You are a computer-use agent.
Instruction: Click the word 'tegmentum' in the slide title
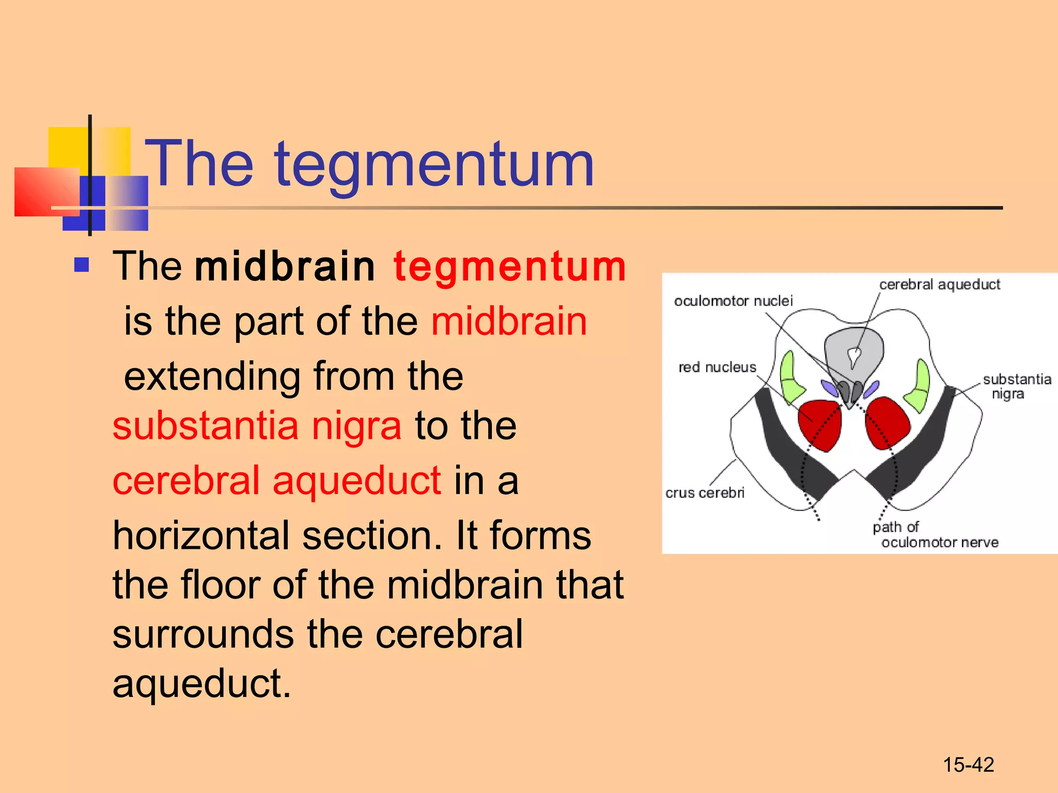(x=434, y=165)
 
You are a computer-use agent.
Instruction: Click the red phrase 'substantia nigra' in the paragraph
(x=257, y=426)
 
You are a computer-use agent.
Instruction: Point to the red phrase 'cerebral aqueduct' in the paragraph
(x=277, y=481)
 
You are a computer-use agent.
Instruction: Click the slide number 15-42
(x=968, y=765)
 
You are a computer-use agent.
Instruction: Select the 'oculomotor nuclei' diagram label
(x=733, y=301)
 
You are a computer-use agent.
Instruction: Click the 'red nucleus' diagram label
(x=717, y=367)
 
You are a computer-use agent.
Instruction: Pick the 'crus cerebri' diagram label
(x=705, y=493)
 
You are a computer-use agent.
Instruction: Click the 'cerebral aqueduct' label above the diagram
(x=940, y=284)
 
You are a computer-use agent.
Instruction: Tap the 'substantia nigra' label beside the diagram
(x=1016, y=386)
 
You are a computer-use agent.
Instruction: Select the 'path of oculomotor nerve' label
(x=935, y=535)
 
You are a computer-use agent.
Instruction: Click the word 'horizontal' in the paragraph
(x=200, y=536)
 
